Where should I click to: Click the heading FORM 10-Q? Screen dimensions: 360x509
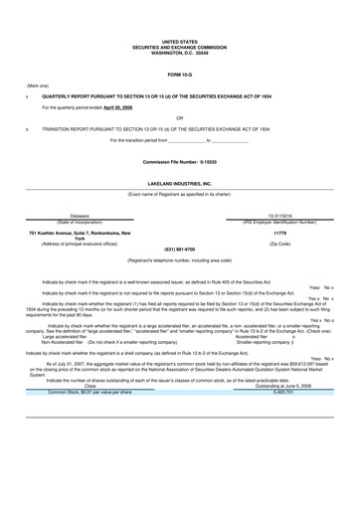coord(180,76)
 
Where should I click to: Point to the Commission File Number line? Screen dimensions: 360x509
coord(180,161)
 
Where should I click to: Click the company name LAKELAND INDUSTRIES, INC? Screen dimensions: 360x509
coord(180,184)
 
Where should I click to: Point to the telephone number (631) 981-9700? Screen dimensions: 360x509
coord(180,250)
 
